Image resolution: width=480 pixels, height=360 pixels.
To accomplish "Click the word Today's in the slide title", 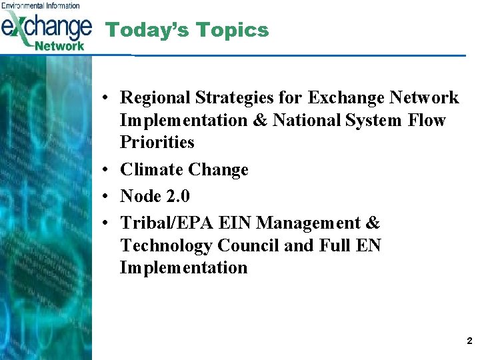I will [139, 30].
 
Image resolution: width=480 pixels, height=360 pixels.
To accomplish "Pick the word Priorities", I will [157, 143].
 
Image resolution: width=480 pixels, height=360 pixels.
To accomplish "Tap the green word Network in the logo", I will [59, 45].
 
